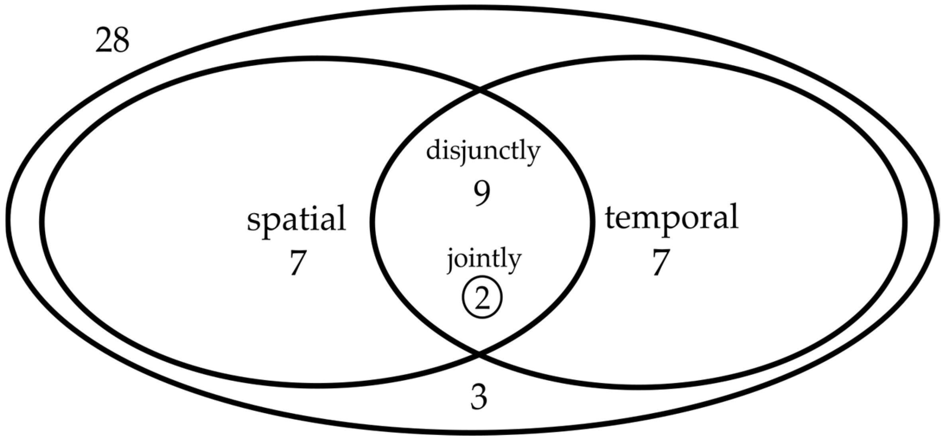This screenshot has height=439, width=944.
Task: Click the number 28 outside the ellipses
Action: click(112, 41)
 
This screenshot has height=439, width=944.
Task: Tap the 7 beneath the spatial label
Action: click(297, 263)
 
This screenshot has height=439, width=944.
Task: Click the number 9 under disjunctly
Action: click(482, 194)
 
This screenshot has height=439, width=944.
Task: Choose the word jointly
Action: click(484, 259)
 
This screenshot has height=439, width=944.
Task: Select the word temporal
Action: click(672, 218)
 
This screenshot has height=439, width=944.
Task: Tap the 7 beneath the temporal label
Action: click(661, 262)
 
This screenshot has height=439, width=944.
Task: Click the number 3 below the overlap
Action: click(479, 398)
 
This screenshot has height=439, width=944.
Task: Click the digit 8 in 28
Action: click(121, 41)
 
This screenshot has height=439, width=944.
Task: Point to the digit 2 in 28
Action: click(104, 41)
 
